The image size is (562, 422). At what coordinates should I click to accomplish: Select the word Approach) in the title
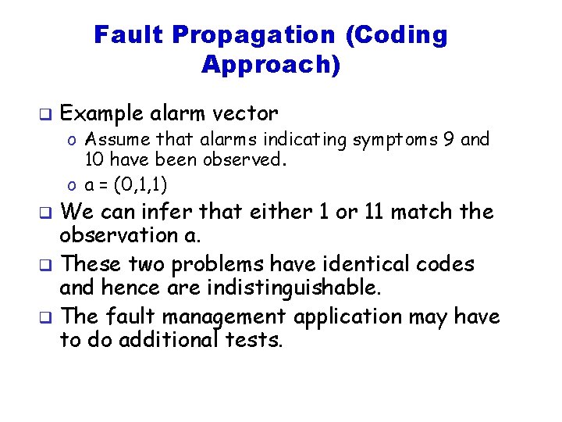[271, 64]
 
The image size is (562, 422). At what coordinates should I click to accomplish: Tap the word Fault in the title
[130, 35]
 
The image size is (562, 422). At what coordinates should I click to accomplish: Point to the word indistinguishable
[294, 288]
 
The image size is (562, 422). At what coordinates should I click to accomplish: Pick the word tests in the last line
[253, 341]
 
